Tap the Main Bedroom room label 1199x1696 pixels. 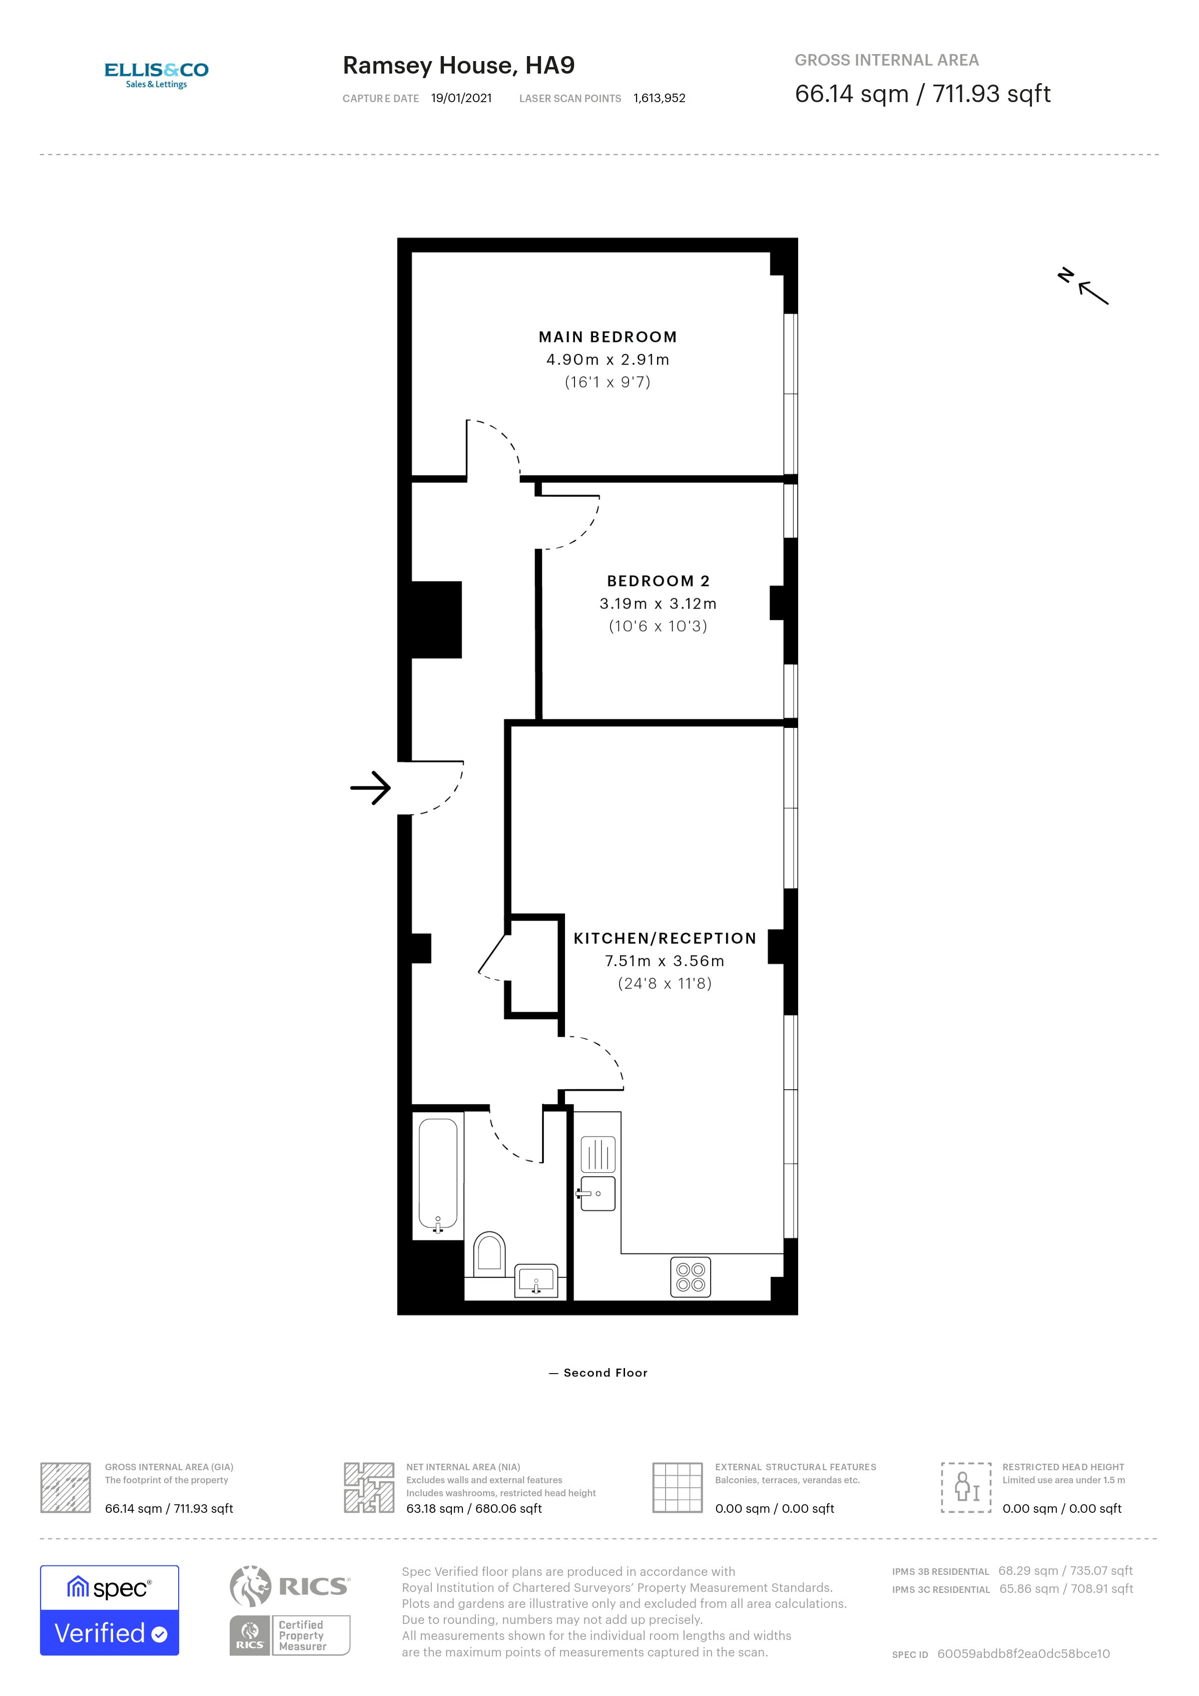point(607,337)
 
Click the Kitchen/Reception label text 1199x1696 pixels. point(665,938)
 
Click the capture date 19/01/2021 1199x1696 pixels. point(461,98)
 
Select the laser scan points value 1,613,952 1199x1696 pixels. point(659,98)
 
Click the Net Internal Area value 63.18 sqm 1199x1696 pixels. point(473,1508)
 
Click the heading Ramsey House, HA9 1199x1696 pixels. point(458,65)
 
